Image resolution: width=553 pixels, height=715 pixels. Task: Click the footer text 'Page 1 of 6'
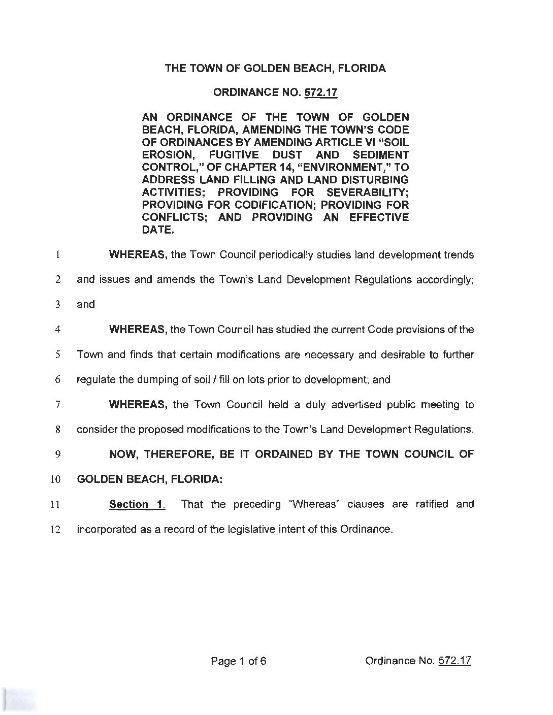point(239,661)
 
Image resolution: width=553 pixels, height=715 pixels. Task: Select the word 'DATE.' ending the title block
point(158,230)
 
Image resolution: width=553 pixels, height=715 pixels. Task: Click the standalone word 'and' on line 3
point(86,305)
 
